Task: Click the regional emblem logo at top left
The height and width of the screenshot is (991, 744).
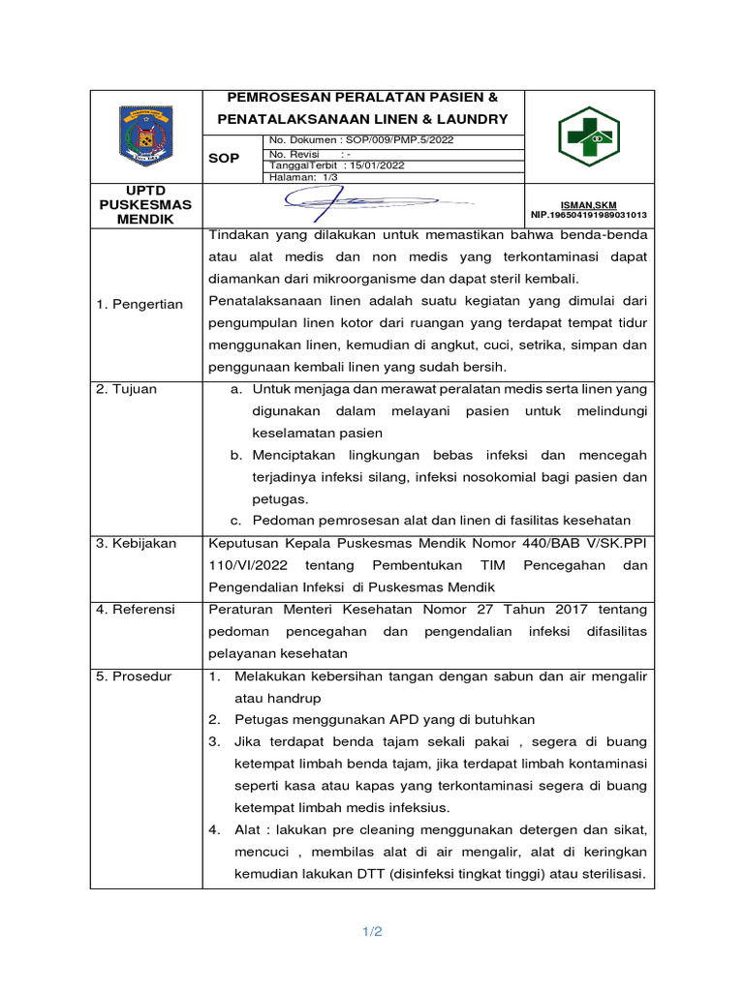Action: point(146,136)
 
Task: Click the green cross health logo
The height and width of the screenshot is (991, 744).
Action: point(588,136)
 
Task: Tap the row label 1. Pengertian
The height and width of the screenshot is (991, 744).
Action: point(139,304)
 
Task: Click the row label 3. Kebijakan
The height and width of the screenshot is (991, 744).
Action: point(136,543)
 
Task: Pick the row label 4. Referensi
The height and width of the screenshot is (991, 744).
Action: point(135,609)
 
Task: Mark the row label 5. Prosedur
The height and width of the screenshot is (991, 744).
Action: point(133,676)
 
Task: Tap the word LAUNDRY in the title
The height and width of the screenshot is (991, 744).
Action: point(471,119)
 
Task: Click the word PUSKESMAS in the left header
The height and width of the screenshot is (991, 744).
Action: point(146,204)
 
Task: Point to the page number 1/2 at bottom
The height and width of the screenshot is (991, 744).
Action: point(372,932)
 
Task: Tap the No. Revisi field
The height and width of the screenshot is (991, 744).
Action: point(309,153)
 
